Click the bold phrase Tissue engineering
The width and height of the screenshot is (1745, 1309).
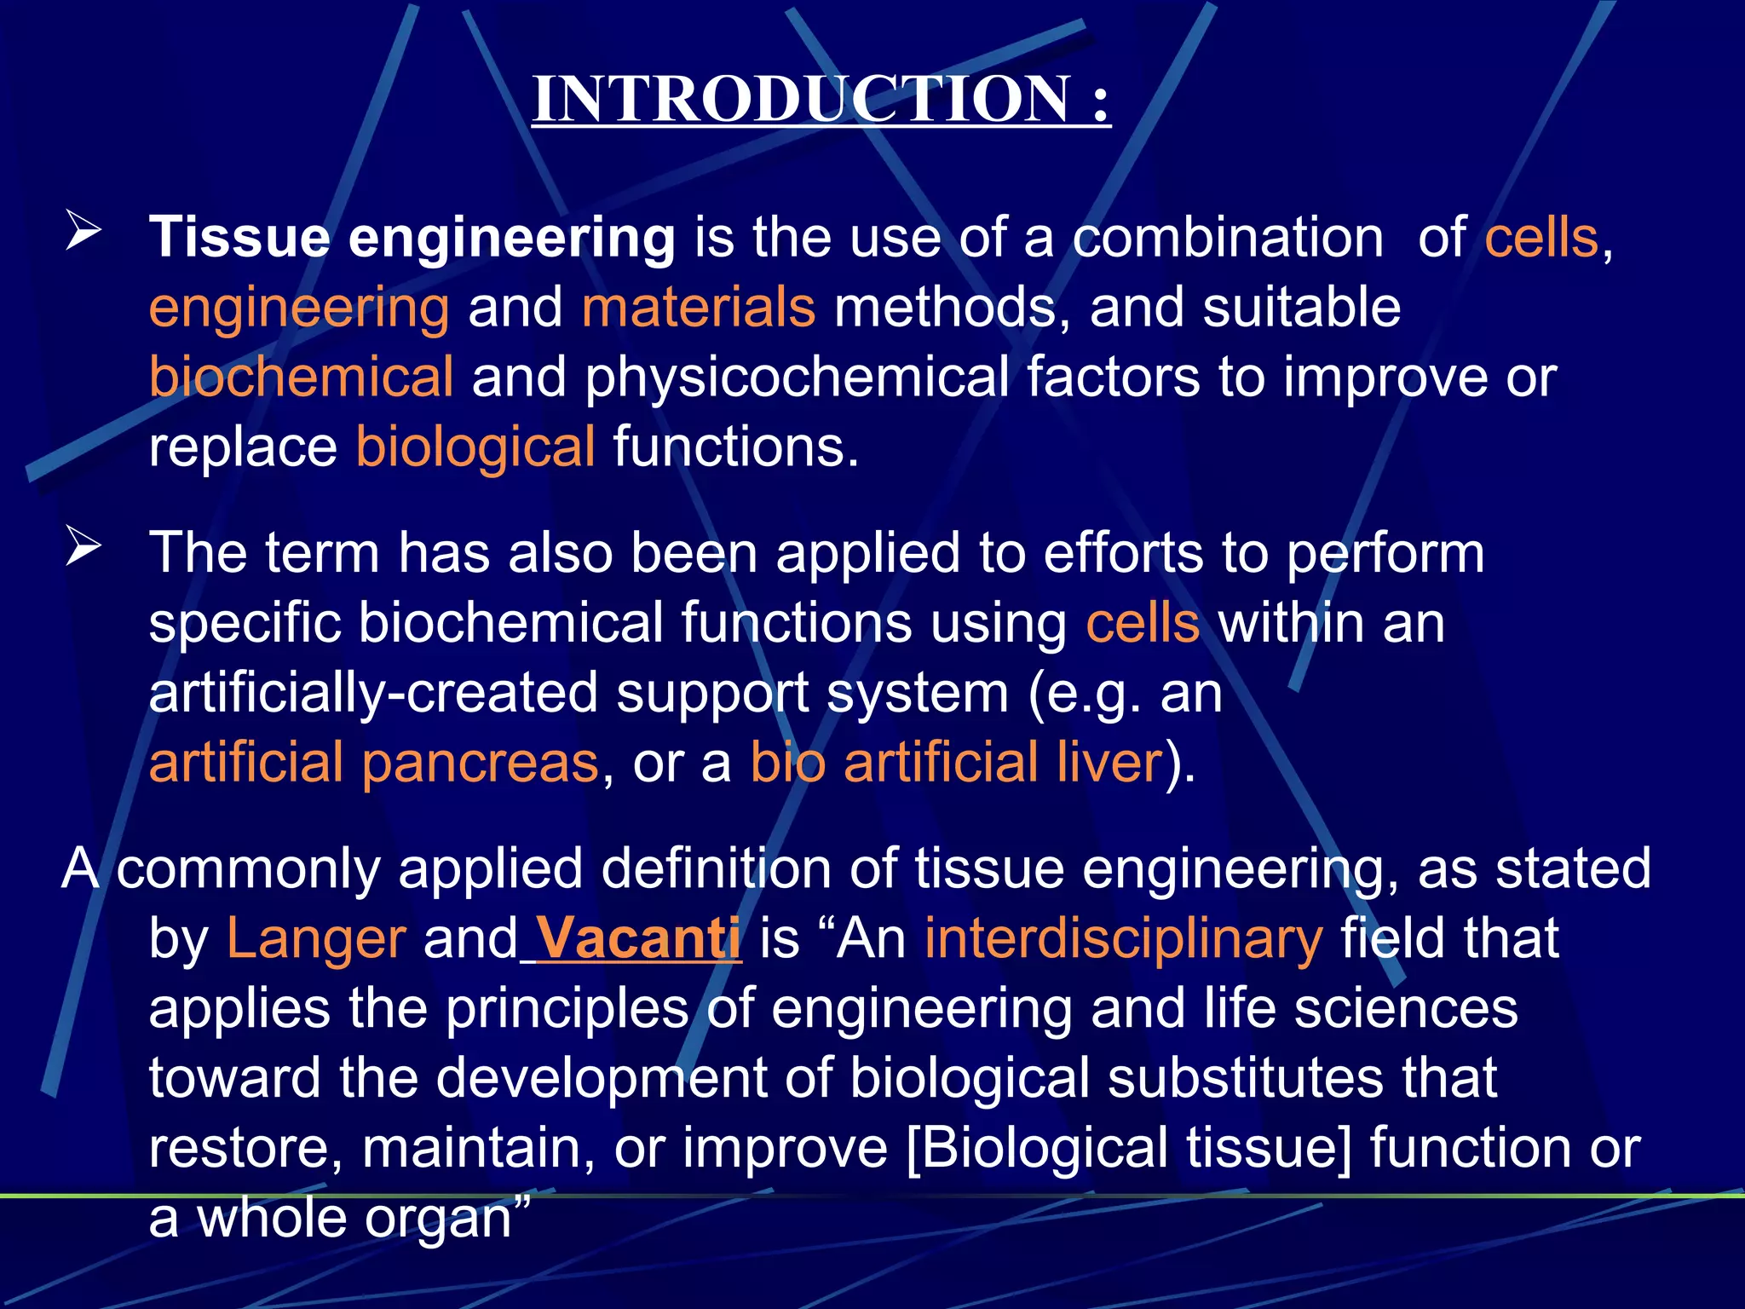(x=412, y=237)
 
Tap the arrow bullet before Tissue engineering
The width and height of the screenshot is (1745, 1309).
(x=84, y=232)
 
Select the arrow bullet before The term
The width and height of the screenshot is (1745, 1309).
(x=84, y=547)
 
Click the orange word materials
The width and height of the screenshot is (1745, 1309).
(x=699, y=307)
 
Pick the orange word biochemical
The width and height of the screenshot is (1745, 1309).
(x=301, y=377)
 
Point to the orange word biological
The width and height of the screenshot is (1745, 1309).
(x=475, y=447)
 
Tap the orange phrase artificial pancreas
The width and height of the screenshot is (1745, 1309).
(x=374, y=762)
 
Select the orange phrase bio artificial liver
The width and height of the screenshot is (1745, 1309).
(x=956, y=762)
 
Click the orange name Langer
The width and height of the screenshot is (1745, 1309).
(x=316, y=938)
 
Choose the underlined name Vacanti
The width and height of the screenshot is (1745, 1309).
(x=638, y=938)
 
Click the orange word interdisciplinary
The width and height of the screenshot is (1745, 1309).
(x=1124, y=938)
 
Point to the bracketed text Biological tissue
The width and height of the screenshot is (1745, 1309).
(x=1129, y=1147)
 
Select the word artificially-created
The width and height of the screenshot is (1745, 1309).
(x=373, y=692)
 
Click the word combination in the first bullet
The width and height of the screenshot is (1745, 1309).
(x=1228, y=237)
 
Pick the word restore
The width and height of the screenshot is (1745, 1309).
(x=245, y=1147)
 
